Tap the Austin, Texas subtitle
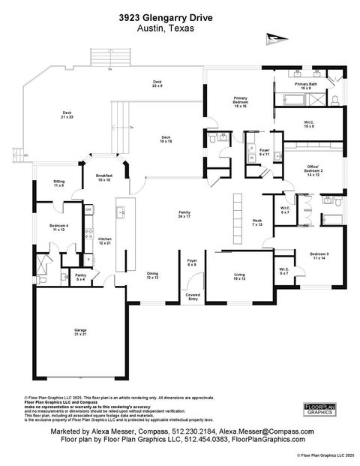[166, 28]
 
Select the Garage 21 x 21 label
[80, 331]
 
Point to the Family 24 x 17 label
[184, 215]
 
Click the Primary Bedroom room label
[241, 104]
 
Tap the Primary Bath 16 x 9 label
[304, 87]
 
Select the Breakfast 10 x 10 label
[103, 177]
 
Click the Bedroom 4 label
[58, 227]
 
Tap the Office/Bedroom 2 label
[313, 168]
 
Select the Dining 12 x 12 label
[152, 275]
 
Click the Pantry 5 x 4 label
[80, 277]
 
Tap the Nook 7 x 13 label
[257, 222]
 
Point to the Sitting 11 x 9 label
[58, 183]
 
